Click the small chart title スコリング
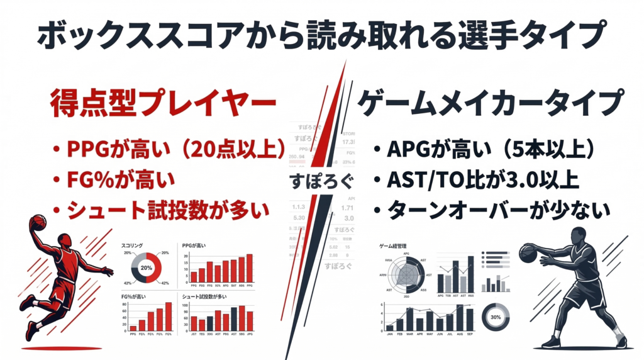(133, 245)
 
